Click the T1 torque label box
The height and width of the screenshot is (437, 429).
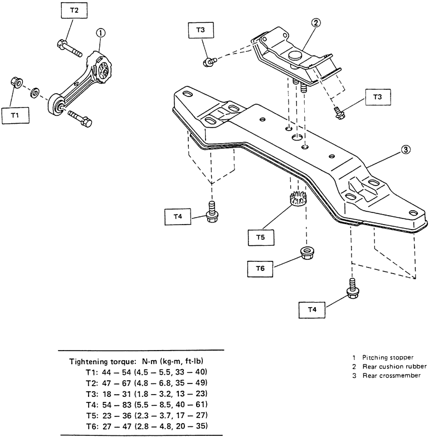(16, 115)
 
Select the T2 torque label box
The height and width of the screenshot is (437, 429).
(74, 10)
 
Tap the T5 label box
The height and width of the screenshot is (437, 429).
(261, 237)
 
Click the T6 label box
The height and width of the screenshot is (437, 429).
(260, 269)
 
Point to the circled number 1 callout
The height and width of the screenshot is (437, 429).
(100, 33)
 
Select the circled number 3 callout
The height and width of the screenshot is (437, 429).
(406, 149)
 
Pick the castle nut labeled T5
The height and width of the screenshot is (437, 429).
(299, 198)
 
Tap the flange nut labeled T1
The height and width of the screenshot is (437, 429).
(17, 82)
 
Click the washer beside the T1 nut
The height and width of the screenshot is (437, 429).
(35, 93)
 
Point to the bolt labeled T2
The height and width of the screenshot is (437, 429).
(70, 48)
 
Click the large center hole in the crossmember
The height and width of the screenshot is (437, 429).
(298, 137)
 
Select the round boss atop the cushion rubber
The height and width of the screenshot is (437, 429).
(295, 56)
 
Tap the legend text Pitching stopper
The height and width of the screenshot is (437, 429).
(388, 357)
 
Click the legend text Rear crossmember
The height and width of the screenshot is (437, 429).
(391, 376)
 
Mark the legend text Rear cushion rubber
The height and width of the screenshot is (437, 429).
(394, 367)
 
